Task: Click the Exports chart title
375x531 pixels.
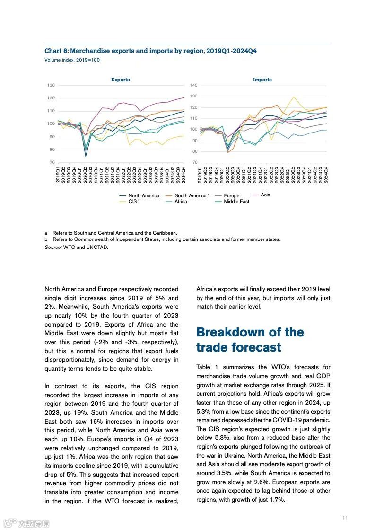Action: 120,80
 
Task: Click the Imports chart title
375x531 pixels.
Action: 262,80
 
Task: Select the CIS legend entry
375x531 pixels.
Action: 134,202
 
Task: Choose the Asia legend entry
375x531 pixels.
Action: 265,195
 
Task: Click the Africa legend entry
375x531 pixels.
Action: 181,202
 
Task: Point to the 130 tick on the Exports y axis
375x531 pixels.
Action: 51,85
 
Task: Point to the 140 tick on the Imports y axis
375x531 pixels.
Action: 193,85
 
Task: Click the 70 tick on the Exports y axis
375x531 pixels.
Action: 52,162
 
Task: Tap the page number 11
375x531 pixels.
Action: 345,518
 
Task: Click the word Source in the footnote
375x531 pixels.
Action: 53,247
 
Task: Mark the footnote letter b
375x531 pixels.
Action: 46,239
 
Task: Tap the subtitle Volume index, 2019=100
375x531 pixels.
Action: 72,60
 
